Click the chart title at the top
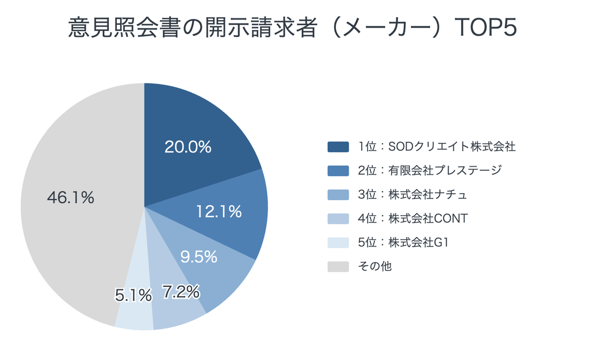(293, 27)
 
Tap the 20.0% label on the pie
(188, 147)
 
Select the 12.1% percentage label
(219, 212)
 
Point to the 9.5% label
(198, 256)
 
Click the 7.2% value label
(181, 292)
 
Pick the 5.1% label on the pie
(133, 296)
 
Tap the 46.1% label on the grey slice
(71, 197)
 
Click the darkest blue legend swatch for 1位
(338, 147)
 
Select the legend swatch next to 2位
(338, 171)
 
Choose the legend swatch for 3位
(338, 195)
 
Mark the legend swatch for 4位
(338, 219)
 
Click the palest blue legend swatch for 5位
(338, 243)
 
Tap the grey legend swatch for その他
(338, 266)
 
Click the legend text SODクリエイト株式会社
(452, 147)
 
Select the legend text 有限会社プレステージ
(445, 170)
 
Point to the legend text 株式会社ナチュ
(427, 194)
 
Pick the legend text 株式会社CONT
(428, 219)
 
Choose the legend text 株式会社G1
(419, 243)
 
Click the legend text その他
(375, 266)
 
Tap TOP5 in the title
(485, 28)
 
